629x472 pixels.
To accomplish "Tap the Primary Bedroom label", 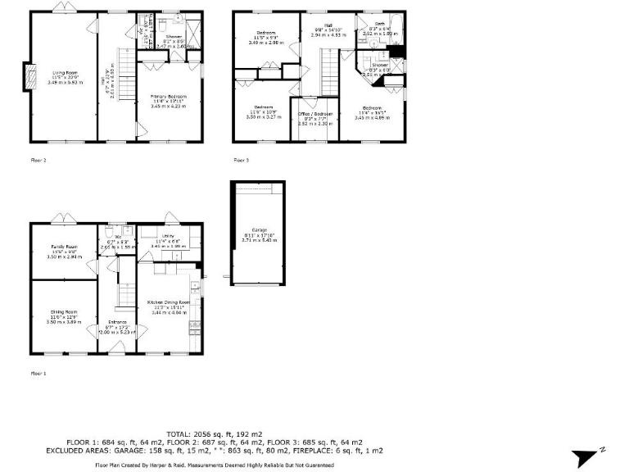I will click(x=169, y=97).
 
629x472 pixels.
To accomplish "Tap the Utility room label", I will click(x=169, y=235).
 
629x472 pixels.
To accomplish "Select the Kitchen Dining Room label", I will click(x=168, y=302).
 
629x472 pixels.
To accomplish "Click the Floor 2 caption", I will click(x=38, y=160).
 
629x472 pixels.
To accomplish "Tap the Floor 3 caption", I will click(x=241, y=160).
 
